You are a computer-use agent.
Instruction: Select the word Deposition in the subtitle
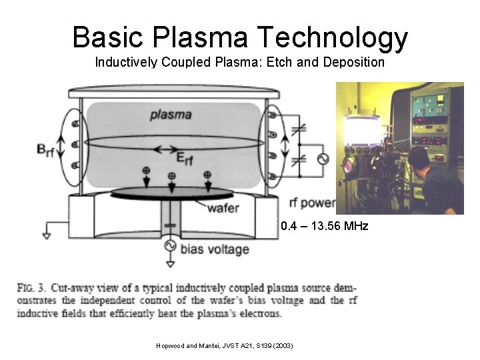(x=355, y=63)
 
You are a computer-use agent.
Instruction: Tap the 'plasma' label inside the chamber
(x=171, y=114)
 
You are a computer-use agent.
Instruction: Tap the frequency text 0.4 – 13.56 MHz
(x=324, y=227)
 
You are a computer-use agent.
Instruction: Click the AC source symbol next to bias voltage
(x=170, y=245)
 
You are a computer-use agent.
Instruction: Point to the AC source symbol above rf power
(x=325, y=159)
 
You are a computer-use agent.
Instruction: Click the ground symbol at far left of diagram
(x=46, y=235)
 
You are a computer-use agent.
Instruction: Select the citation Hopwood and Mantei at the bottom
(x=223, y=345)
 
